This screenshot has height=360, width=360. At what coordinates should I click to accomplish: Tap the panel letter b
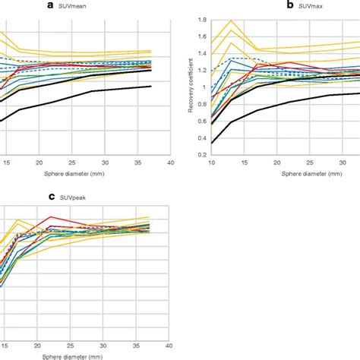[289, 5]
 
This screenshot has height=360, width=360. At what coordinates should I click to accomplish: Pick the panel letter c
[52, 197]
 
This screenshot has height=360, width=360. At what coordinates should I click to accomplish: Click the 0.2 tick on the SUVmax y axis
[201, 155]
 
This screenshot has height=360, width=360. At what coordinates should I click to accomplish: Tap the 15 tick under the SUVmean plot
[6, 163]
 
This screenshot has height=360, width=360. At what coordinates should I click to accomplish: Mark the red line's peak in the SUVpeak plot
[51, 216]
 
